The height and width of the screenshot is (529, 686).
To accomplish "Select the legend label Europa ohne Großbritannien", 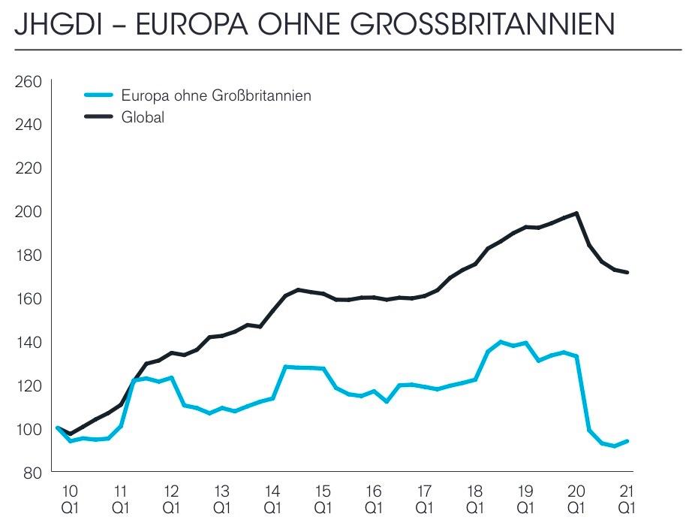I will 216,95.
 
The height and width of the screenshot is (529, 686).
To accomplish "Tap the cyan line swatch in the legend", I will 98,95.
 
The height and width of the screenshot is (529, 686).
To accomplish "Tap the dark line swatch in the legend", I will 98,117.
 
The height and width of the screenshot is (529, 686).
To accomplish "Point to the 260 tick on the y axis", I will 29,81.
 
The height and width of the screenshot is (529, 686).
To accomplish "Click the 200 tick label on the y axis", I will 29,212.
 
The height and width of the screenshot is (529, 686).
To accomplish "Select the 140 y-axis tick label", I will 29,342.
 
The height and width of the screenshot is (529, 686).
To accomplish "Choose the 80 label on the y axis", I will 32,473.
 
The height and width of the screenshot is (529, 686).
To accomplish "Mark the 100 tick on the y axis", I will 29,429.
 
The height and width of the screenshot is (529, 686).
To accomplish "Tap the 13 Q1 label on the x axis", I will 221,500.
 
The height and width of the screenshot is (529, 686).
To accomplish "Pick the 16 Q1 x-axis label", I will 373,500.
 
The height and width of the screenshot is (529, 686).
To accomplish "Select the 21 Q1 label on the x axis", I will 627,500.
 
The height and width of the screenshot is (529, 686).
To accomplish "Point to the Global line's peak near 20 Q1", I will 576,213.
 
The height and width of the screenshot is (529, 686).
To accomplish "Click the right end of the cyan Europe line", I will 627,441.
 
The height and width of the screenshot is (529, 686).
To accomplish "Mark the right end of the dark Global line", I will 627,272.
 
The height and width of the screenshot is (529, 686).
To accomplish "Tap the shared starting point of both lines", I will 59,428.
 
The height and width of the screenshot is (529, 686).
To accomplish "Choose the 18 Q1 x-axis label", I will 474,500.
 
